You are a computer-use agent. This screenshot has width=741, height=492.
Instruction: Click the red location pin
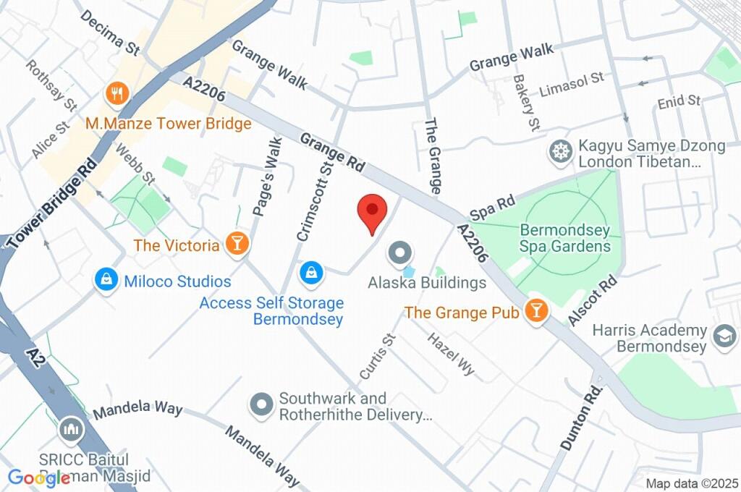coord(372,212)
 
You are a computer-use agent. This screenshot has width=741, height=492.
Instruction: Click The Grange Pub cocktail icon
coord(536,311)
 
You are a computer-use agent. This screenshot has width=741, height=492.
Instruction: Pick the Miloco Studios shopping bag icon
coord(106,279)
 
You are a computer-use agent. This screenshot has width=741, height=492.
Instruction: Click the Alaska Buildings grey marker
coord(399,253)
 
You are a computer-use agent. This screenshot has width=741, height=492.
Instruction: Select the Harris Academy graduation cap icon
coord(721,335)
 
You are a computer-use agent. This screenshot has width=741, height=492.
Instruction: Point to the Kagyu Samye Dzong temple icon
coord(559,152)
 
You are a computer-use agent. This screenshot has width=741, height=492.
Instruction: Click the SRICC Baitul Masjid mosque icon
coord(71,428)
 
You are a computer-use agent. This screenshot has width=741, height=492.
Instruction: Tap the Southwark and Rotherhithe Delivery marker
coord(261,404)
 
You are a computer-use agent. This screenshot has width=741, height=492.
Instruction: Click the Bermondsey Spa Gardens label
coord(565,239)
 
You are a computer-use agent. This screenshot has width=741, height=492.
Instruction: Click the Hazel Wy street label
coord(451,354)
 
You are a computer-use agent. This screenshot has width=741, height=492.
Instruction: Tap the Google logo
coord(38,478)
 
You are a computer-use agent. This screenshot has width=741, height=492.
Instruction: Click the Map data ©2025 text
coord(691,483)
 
